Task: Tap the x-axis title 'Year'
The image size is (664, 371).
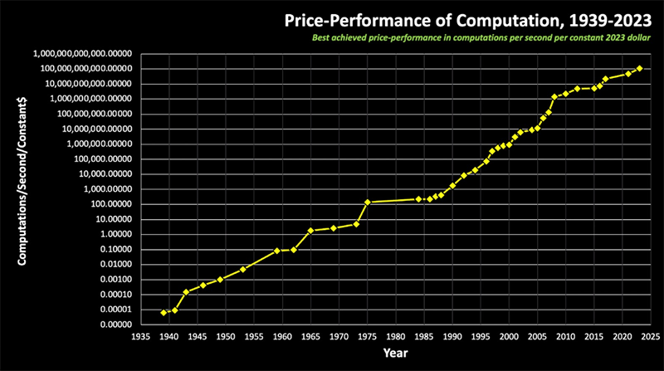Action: pyautogui.click(x=394, y=354)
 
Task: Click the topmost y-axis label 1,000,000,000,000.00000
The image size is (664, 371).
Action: pyautogui.click(x=84, y=53)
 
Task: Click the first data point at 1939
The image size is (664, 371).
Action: pyautogui.click(x=164, y=312)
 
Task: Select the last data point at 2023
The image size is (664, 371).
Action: pyautogui.click(x=640, y=68)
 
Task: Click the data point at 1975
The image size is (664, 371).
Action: pyautogui.click(x=368, y=203)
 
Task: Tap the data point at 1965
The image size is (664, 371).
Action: pyautogui.click(x=310, y=230)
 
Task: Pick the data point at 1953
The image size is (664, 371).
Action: pyautogui.click(x=242, y=269)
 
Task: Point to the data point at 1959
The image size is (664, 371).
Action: pyautogui.click(x=277, y=250)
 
